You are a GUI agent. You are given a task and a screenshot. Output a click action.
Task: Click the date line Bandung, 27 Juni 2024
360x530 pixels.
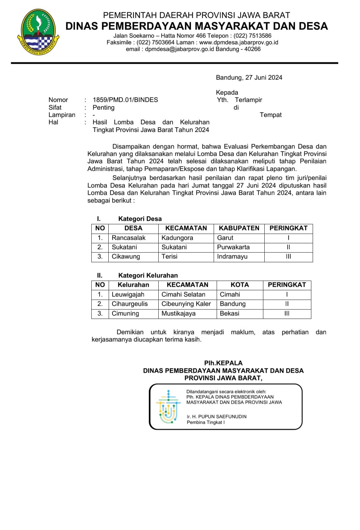tap(249, 78)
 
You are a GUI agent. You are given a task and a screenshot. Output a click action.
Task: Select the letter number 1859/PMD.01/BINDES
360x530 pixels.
tap(125, 100)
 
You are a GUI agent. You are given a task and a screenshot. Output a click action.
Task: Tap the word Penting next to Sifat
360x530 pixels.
tap(103, 108)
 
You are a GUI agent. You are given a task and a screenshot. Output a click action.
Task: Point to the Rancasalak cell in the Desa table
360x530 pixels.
tap(129, 238)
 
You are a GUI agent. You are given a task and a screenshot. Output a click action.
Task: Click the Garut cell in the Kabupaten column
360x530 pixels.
tap(225, 238)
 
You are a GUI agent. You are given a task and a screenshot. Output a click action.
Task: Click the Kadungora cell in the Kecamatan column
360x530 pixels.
tap(177, 238)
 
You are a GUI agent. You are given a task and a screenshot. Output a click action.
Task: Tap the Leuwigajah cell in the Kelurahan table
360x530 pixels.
tap(128, 294)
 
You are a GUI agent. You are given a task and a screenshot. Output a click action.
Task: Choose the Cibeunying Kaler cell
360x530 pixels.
tap(186, 304)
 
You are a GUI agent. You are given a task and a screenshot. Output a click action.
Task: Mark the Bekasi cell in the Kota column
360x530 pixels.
tap(229, 313)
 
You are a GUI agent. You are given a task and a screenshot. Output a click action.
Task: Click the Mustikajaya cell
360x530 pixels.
tap(178, 313)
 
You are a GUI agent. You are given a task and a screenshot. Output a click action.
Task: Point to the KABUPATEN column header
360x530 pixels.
tap(239, 228)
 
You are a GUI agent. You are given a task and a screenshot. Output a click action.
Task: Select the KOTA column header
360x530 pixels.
tap(240, 285)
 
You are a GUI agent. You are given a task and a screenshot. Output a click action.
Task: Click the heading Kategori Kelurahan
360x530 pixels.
tap(148, 275)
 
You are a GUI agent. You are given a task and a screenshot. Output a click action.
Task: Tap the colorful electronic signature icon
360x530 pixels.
tap(168, 407)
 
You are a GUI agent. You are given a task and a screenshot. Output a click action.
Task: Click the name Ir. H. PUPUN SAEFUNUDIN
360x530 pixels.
tap(217, 417)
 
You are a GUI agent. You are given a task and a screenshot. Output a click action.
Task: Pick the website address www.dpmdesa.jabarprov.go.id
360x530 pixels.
tap(239, 43)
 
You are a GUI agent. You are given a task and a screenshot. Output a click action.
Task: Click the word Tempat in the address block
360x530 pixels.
tap(271, 115)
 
